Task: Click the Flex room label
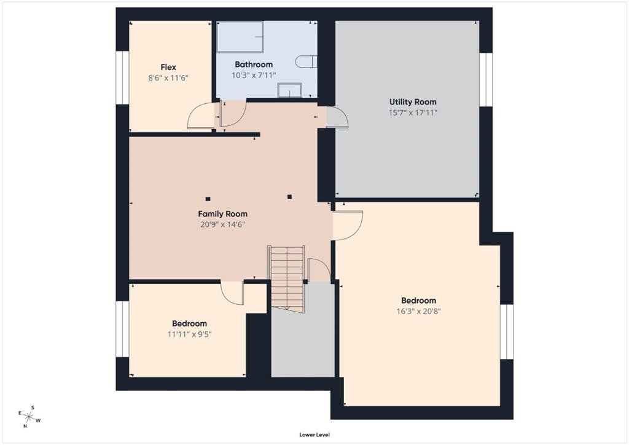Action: [168, 68]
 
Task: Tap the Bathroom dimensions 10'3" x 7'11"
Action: [254, 75]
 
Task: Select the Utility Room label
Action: [413, 102]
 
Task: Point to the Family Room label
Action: [222, 215]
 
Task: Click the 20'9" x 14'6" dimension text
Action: [222, 225]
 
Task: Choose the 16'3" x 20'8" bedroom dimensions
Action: [418, 311]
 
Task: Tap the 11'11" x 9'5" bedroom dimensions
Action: [189, 334]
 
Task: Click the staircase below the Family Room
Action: [287, 278]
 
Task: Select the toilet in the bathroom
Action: [306, 62]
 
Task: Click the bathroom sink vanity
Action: [289, 90]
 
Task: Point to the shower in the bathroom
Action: [240, 36]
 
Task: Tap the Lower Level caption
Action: [314, 435]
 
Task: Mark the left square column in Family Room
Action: [208, 199]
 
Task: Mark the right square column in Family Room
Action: [290, 197]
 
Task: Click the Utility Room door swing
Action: [337, 117]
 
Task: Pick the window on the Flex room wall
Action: [122, 77]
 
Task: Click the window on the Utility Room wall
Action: [486, 79]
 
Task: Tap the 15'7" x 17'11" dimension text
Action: [413, 112]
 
